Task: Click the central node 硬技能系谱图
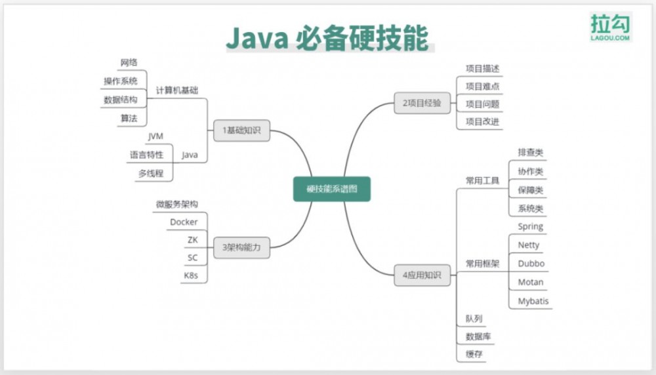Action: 331,189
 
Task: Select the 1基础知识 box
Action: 241,130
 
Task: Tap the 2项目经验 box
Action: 422,103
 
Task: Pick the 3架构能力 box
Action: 241,248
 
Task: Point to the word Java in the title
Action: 256,39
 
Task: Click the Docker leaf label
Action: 184,222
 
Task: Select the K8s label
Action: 190,275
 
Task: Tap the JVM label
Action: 155,136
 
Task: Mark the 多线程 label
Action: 150,174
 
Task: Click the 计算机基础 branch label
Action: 176,90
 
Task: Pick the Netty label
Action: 529,245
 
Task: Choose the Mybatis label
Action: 533,302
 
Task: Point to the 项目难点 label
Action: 483,86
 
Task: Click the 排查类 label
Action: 530,153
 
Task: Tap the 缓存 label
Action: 474,355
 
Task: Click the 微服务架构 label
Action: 176,205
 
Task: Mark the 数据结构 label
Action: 121,100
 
